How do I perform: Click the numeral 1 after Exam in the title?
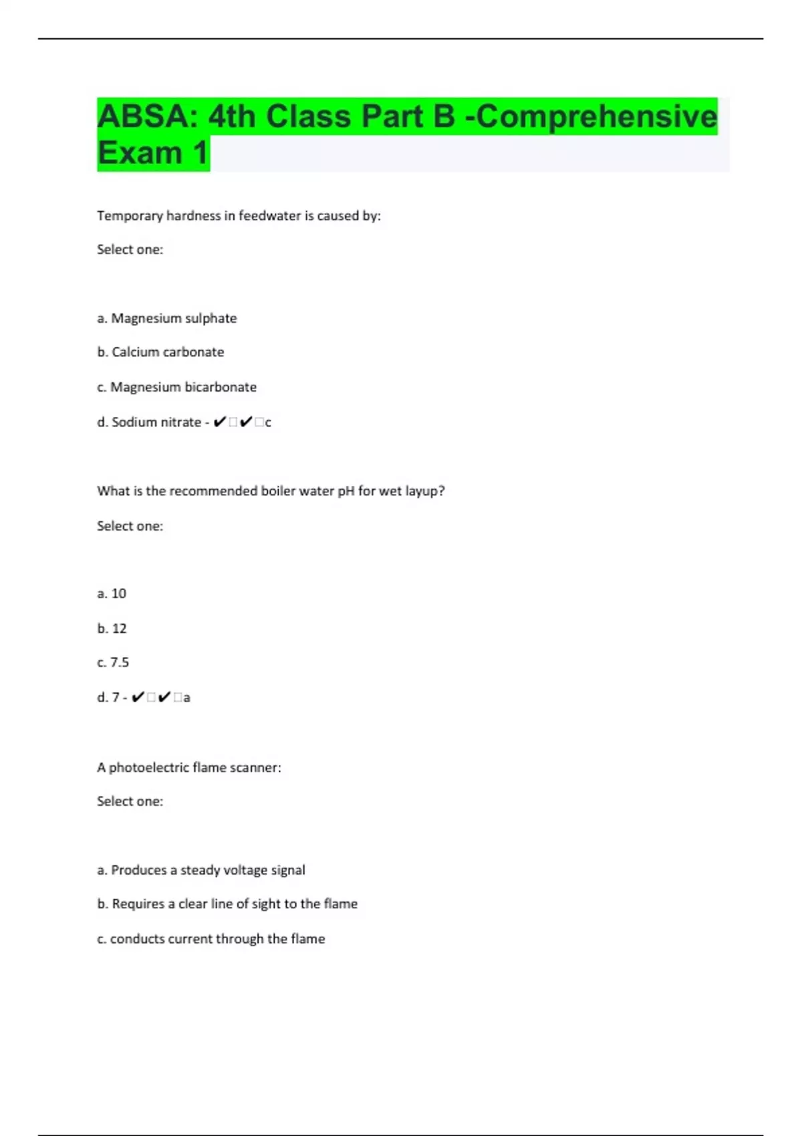point(200,153)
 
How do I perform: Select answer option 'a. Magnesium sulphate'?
point(167,318)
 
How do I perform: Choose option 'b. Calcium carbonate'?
point(160,352)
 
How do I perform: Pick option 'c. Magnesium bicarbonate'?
point(176,387)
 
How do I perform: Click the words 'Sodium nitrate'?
point(156,422)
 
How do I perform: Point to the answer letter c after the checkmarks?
point(268,423)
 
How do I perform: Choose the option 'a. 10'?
point(112,593)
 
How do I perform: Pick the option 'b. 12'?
point(112,628)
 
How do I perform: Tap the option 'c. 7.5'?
point(113,662)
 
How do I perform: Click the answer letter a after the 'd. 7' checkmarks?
point(186,698)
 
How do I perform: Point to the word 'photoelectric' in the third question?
point(149,768)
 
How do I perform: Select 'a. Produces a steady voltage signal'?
point(201,870)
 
